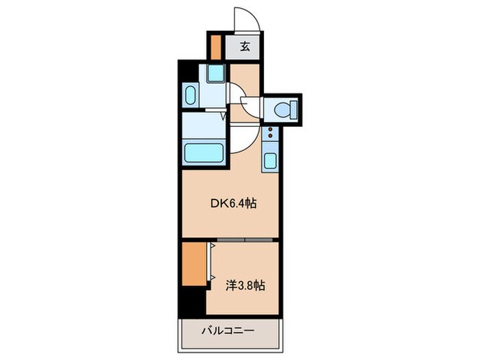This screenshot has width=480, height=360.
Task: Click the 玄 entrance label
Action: tap(245, 47)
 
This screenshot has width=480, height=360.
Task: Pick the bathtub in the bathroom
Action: tap(204, 152)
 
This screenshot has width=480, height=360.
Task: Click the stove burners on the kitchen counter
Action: tap(270, 134)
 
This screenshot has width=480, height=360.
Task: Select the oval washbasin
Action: tap(191, 96)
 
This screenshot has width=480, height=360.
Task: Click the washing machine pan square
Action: tap(215, 73)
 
